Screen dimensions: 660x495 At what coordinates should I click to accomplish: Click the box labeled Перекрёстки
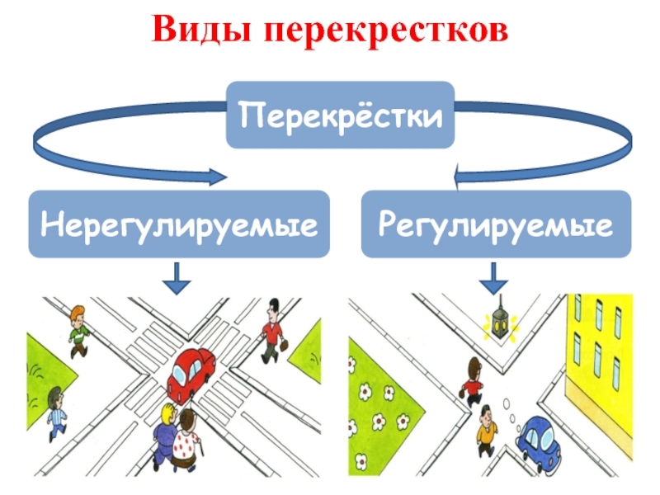click(x=341, y=115)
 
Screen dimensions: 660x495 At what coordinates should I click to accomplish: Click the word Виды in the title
click(x=201, y=31)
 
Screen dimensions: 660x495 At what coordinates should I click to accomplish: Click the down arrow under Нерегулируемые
click(x=176, y=278)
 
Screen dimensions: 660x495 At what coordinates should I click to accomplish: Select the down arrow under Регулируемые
click(x=493, y=278)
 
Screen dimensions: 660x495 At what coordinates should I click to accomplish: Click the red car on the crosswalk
click(x=191, y=372)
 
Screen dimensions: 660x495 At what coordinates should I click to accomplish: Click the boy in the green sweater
click(x=78, y=329)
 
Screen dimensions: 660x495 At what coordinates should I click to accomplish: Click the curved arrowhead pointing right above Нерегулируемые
click(x=218, y=177)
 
